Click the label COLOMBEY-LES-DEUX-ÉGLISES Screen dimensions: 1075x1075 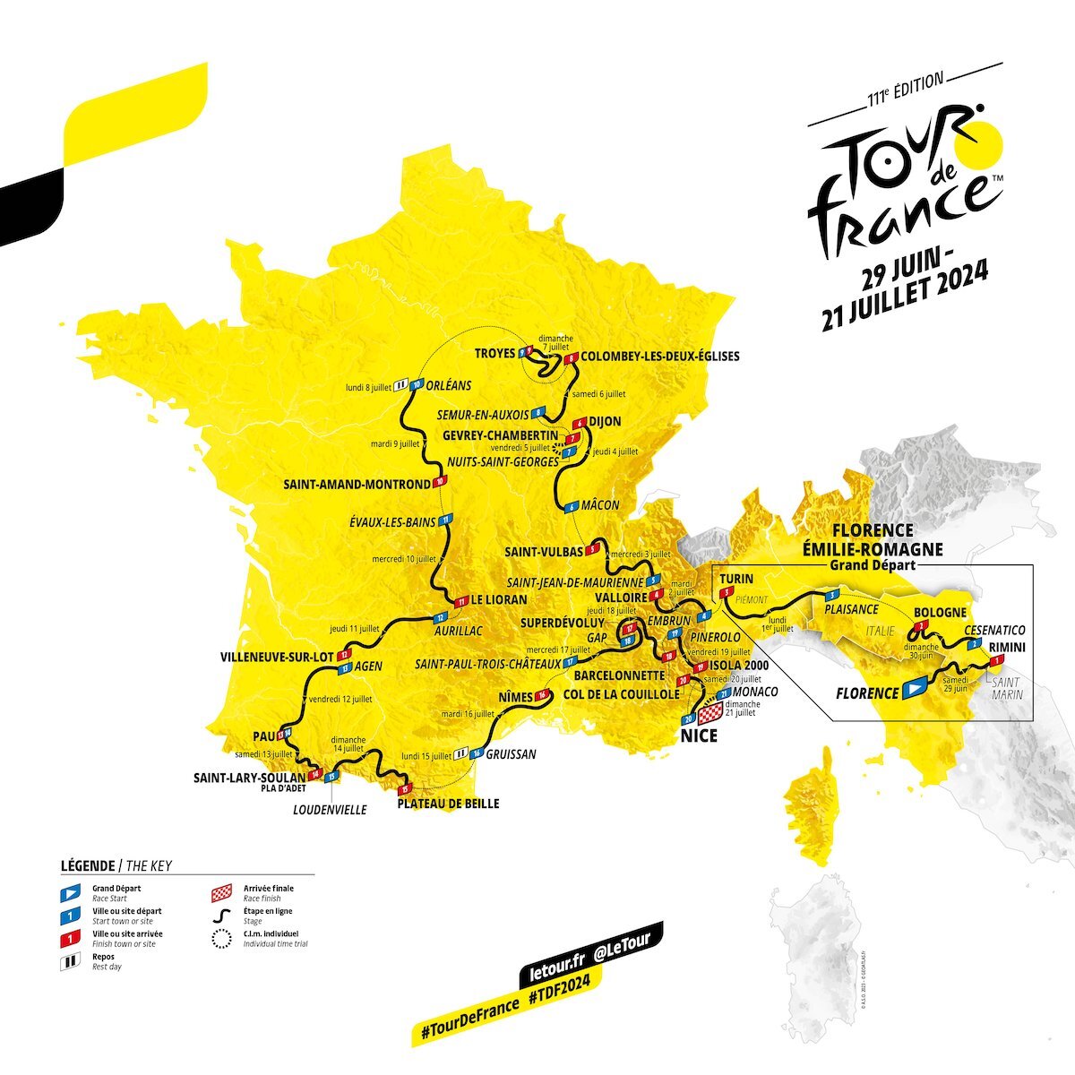(x=660, y=357)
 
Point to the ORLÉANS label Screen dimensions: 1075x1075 (x=450, y=386)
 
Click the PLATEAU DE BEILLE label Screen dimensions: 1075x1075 (x=448, y=804)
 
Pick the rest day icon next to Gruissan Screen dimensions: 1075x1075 (x=461, y=754)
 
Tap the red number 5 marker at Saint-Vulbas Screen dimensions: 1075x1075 (x=591, y=551)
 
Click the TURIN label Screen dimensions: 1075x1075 (x=736, y=579)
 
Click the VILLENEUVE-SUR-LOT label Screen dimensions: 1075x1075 (x=277, y=657)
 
